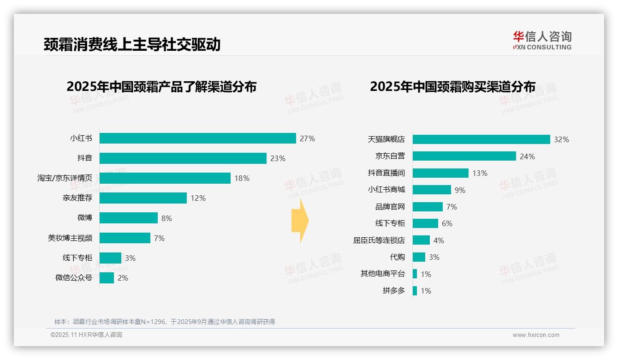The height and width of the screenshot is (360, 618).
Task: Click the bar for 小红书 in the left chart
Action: (x=197, y=138)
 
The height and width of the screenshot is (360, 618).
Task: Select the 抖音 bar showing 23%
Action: (x=183, y=158)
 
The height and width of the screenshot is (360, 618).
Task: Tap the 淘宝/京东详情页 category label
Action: (x=65, y=178)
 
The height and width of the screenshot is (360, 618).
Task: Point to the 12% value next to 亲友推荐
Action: (x=198, y=198)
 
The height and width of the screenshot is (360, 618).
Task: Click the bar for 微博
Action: (x=128, y=218)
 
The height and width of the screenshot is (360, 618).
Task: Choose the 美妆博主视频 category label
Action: (x=70, y=238)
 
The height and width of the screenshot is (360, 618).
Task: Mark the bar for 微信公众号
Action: (x=107, y=278)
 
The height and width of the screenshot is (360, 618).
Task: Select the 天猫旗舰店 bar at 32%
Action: (x=481, y=139)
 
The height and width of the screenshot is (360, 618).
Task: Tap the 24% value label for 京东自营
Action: (x=527, y=156)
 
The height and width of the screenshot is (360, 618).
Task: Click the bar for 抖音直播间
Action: (x=440, y=173)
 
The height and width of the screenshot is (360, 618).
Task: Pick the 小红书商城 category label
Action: (x=386, y=190)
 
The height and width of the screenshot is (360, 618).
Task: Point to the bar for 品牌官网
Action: (x=428, y=207)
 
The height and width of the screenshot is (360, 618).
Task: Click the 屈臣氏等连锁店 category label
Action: (x=379, y=240)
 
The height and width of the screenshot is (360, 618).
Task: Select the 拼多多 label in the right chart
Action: (x=393, y=291)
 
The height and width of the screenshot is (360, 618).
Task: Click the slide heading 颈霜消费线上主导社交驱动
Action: (x=132, y=44)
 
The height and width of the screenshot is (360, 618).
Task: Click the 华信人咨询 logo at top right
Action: (x=542, y=40)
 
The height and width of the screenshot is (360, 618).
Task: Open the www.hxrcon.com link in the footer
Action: (x=535, y=335)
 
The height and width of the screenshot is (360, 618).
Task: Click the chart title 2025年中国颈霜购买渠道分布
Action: (x=452, y=87)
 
